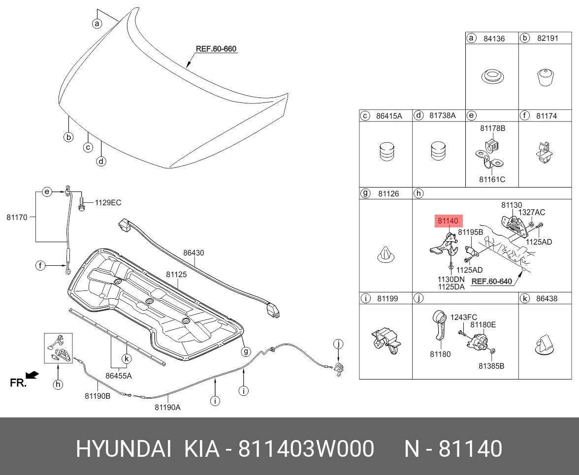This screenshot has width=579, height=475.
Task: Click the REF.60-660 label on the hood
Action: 216,49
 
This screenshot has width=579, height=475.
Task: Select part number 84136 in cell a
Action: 493,38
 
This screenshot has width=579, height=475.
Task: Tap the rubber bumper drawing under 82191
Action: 544,77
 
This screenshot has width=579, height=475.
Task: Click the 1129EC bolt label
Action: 107,202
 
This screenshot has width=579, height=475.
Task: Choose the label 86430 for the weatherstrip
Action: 193,253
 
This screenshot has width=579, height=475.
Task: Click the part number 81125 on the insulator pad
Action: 176,274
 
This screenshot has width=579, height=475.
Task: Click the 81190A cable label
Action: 167,407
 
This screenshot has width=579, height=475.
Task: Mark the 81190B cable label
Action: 97,395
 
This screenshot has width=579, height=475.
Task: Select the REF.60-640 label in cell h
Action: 491,282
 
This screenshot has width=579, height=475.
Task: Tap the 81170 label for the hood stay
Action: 17,216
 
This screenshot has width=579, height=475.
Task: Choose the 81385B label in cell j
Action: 491,366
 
